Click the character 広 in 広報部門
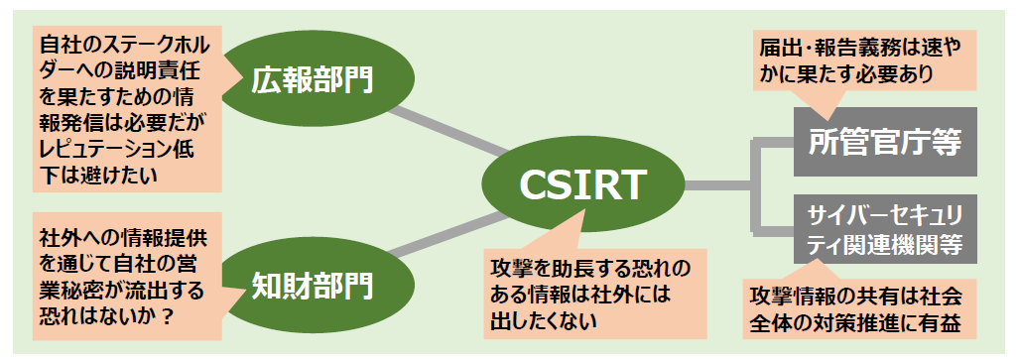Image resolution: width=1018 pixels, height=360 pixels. (266, 78)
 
